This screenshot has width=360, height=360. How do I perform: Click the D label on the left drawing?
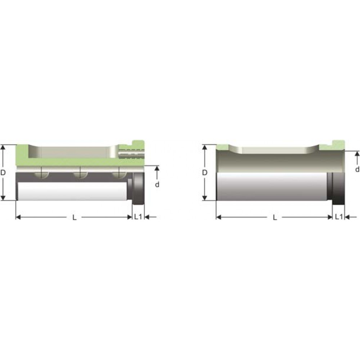(3, 172)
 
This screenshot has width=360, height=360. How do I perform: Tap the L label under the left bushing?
(75, 217)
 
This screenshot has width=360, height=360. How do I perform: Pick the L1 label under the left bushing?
(138, 216)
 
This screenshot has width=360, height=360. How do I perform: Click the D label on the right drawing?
(205, 172)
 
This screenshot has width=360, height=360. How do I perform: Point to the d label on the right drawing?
(357, 170)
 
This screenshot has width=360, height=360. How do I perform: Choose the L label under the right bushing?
(275, 217)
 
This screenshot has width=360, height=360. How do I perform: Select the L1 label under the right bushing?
(339, 216)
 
